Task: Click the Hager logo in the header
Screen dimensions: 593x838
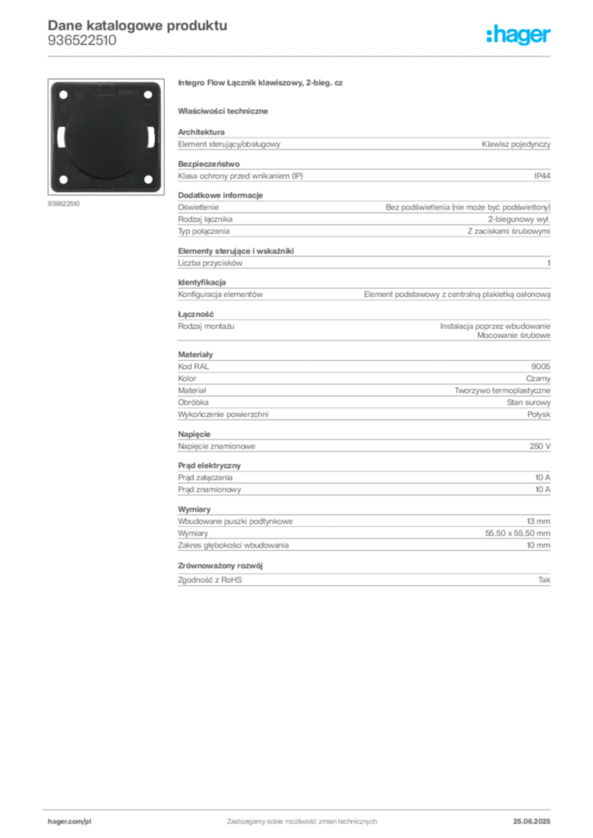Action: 518,35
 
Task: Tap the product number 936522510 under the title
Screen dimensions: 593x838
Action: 82,41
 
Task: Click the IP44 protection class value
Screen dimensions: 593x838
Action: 541,176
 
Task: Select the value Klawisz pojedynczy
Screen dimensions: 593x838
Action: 515,144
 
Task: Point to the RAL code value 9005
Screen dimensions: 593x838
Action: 541,367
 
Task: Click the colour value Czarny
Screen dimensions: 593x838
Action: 538,378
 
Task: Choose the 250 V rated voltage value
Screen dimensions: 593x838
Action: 540,446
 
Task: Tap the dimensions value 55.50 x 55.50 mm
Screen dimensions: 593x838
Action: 518,534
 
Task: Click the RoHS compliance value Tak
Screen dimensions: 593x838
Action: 544,580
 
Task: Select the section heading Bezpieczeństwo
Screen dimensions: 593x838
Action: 209,164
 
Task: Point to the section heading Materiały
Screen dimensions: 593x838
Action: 195,354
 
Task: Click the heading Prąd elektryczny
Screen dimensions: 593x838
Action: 209,466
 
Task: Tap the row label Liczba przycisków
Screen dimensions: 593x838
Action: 210,264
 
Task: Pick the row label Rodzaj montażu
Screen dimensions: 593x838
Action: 206,326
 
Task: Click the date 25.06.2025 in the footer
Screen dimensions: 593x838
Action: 532,822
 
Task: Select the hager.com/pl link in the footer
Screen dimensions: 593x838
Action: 70,822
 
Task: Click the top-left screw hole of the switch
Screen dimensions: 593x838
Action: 63,95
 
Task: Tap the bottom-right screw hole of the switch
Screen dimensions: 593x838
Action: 148,179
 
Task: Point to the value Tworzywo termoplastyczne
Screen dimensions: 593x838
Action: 502,390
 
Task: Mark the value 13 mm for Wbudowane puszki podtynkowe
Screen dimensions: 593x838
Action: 538,521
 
